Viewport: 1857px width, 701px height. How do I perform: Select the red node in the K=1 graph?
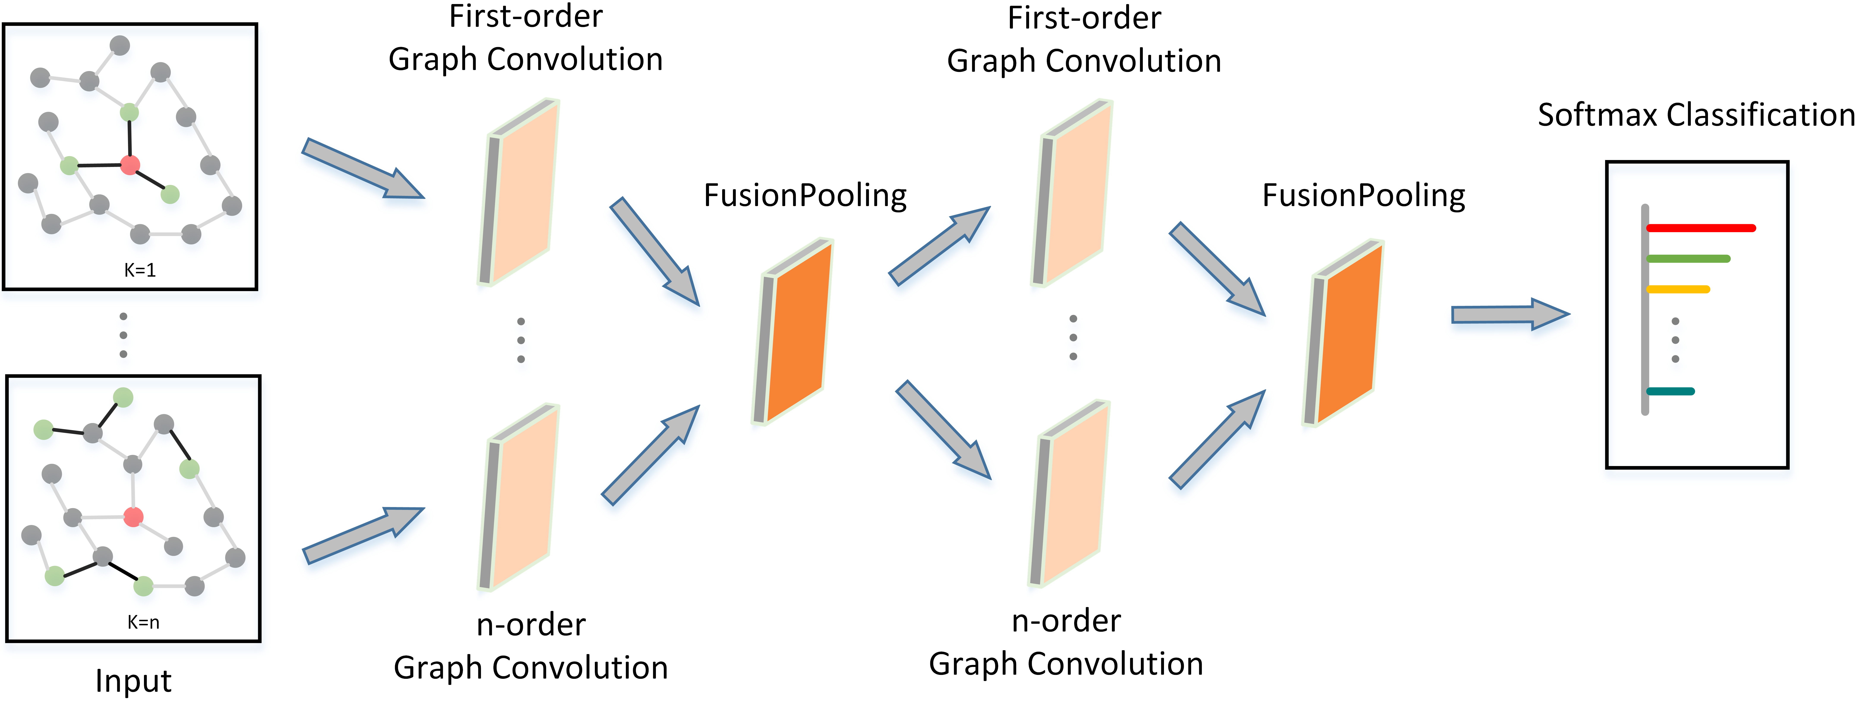tap(130, 165)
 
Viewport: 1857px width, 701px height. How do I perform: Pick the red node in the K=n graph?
tap(133, 516)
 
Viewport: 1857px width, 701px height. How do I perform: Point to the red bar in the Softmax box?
tap(1701, 228)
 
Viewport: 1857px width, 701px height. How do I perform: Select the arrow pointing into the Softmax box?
tap(1510, 314)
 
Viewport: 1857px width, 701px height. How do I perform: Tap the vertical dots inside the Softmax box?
tap(1675, 340)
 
